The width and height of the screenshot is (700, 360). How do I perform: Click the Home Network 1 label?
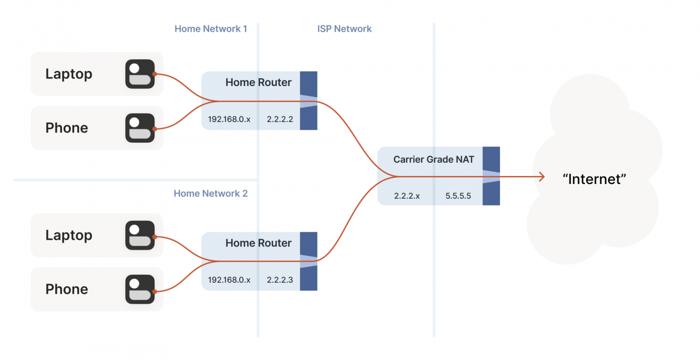pyautogui.click(x=211, y=29)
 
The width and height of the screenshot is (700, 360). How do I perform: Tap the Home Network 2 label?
pyautogui.click(x=211, y=194)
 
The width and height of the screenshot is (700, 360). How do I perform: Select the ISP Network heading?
pyautogui.click(x=344, y=29)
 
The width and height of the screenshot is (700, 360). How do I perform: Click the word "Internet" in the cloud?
pyautogui.click(x=594, y=179)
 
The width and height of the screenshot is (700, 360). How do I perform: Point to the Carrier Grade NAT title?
pyautogui.click(x=433, y=159)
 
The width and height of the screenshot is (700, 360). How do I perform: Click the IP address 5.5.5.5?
pyautogui.click(x=458, y=196)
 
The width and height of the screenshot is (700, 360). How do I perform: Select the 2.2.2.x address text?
pyautogui.click(x=407, y=196)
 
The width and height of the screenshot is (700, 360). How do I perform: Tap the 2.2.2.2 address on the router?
pyautogui.click(x=280, y=119)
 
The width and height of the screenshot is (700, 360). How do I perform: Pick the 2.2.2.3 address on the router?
pyautogui.click(x=280, y=280)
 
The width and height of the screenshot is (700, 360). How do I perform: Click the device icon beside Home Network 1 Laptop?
pyautogui.click(x=140, y=74)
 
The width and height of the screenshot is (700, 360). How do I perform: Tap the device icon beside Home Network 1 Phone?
pyautogui.click(x=140, y=128)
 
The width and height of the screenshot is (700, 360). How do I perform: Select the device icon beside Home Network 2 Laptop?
pyautogui.click(x=140, y=235)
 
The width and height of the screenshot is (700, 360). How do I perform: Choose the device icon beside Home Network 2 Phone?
pyautogui.click(x=140, y=289)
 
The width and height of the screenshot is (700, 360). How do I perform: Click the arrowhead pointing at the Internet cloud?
pyautogui.click(x=541, y=177)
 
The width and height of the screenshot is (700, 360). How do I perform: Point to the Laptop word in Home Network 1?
pyautogui.click(x=69, y=74)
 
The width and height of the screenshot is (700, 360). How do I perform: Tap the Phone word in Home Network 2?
pyautogui.click(x=67, y=289)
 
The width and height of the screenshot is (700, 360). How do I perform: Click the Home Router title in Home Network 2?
pyautogui.click(x=258, y=243)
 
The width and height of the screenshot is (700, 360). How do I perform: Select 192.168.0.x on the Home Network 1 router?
pyautogui.click(x=229, y=119)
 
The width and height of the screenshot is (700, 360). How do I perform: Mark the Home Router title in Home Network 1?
pyautogui.click(x=258, y=82)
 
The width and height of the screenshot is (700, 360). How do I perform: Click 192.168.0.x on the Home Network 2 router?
pyautogui.click(x=229, y=280)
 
